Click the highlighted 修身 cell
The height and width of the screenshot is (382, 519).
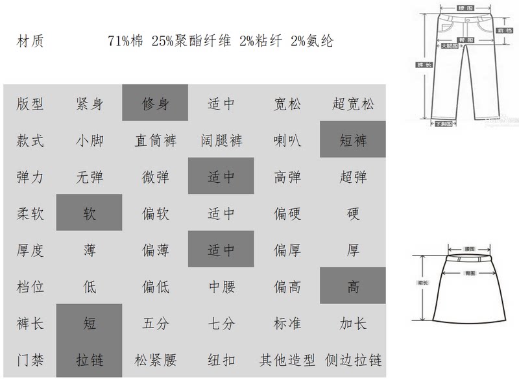tap(155, 102)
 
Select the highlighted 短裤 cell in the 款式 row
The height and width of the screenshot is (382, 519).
tap(353, 139)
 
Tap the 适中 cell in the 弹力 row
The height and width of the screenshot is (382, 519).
tap(221, 176)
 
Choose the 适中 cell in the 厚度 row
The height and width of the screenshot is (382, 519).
tap(221, 250)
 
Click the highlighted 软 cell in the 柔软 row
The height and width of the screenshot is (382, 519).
tap(90, 213)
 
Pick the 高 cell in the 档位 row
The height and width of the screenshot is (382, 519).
tap(353, 286)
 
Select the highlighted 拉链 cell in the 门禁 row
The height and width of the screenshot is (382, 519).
tap(90, 360)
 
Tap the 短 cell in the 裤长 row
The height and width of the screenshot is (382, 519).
tap(90, 323)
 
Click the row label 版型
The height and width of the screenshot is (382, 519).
tap(30, 103)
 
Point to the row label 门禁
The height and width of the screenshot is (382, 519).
tap(30, 360)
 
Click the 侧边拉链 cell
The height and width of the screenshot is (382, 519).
tap(353, 360)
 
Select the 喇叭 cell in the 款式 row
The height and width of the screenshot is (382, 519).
tap(287, 139)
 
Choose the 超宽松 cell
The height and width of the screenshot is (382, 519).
tap(353, 103)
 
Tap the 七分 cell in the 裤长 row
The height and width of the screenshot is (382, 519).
tap(221, 323)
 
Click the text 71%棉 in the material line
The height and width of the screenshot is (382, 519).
tap(127, 42)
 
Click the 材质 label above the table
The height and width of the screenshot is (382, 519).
tap(30, 42)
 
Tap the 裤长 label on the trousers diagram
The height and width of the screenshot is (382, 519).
tap(420, 64)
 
